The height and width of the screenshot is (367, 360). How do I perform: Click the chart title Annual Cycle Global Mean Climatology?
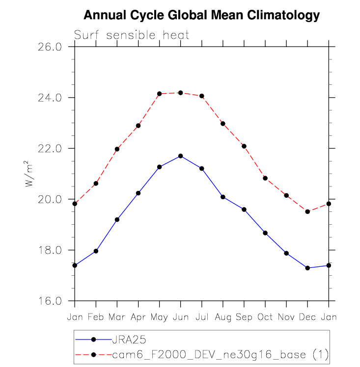pos(201,16)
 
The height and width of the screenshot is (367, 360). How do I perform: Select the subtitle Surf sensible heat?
pos(132,35)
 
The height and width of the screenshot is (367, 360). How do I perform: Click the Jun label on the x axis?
pos(180,317)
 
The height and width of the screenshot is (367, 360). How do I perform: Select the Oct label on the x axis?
pos(265,317)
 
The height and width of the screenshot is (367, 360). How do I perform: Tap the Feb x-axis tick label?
pos(96,317)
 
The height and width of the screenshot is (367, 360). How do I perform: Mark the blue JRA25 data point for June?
pos(180,156)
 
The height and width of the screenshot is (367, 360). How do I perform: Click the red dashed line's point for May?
pos(159,94)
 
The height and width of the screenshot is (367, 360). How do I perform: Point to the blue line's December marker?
pos(307,268)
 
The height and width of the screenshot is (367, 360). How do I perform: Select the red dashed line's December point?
pos(307,212)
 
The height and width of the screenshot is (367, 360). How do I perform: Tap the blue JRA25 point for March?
pos(117,219)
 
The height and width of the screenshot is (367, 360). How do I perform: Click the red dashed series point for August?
pos(222,124)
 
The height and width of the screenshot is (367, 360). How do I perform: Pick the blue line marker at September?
pos(244,210)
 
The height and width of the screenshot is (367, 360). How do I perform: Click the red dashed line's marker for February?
pos(96,183)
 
